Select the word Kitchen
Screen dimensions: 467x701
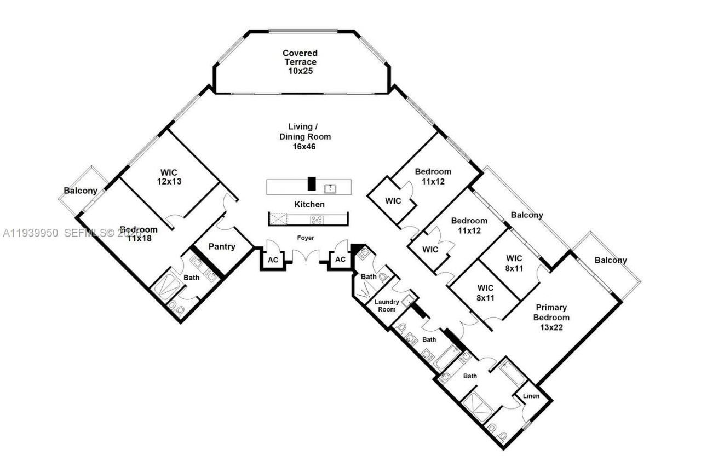[x=309, y=204]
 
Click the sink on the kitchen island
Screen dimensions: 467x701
[x=330, y=189]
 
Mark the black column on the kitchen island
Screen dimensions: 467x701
[x=312, y=183]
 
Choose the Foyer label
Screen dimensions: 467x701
[x=304, y=238]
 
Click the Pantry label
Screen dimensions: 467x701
[x=222, y=247]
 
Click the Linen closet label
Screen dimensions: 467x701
[x=532, y=396]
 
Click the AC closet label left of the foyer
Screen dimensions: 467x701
[x=272, y=260]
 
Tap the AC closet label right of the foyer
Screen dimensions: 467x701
[x=340, y=260]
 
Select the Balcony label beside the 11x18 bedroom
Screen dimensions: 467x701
[x=81, y=191]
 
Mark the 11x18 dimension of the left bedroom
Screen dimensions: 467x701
[x=139, y=239]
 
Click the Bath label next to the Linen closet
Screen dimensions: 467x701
[x=470, y=376]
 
